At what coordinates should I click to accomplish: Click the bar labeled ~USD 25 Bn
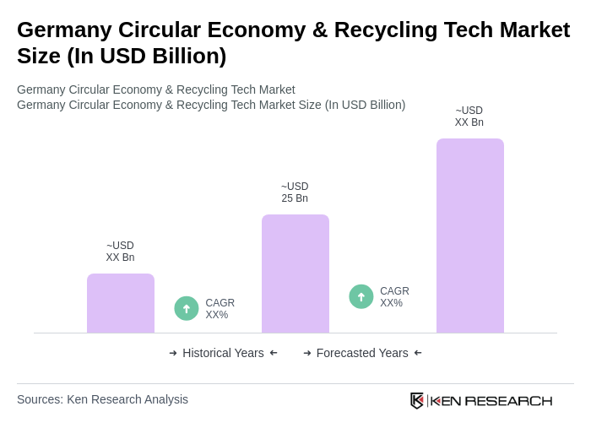click(x=295, y=274)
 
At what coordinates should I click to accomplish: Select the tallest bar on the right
click(x=469, y=236)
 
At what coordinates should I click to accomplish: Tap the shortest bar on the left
click(x=121, y=303)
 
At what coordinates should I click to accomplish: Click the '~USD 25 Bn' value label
click(x=295, y=192)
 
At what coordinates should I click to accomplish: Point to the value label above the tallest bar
click(x=469, y=117)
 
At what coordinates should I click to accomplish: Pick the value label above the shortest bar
click(x=120, y=252)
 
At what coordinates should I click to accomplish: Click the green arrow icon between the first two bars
click(x=187, y=308)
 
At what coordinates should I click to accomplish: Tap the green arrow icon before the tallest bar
click(x=361, y=296)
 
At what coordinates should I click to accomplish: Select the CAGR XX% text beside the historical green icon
click(x=220, y=309)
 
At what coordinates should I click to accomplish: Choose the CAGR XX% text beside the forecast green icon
click(x=394, y=297)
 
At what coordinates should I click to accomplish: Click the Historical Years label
click(x=223, y=353)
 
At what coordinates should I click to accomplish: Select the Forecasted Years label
click(x=362, y=353)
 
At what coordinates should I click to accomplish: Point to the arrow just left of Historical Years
click(x=173, y=353)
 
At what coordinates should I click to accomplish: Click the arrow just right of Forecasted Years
click(x=418, y=353)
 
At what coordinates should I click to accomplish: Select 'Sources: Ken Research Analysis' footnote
click(x=102, y=399)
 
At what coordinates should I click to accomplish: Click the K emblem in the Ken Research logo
click(x=416, y=400)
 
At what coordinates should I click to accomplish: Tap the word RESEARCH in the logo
click(x=508, y=400)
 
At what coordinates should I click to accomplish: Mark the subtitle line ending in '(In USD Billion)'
click(x=211, y=105)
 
